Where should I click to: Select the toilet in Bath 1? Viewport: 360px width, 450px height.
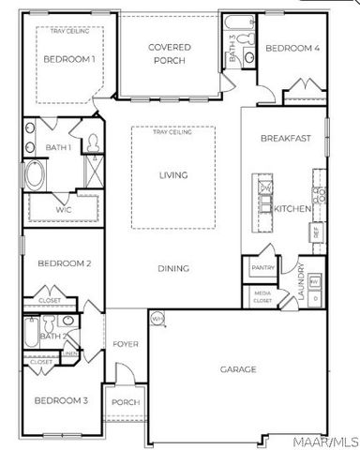coord(94,142)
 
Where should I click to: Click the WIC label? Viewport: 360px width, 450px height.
coord(64,210)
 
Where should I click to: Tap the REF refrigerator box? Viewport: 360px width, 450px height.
coord(317,231)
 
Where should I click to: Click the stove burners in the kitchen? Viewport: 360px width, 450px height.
coord(318,196)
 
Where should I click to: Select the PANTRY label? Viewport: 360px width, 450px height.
coord(262,268)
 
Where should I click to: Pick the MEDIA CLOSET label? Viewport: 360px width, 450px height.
coord(262,298)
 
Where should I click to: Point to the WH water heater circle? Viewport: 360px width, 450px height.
coord(157,318)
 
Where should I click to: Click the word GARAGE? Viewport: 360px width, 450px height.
coord(238,369)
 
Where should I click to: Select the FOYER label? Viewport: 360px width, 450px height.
coord(126,344)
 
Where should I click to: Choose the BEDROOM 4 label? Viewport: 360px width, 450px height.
coord(292,48)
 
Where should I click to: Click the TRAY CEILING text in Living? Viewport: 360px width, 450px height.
coord(172,133)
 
